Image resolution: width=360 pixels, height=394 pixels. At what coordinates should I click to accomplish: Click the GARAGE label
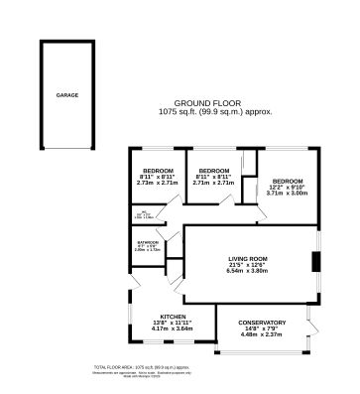[66, 96]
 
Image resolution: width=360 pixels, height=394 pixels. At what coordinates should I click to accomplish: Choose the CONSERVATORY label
[263, 323]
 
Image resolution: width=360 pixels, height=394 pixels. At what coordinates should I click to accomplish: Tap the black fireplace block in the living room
[315, 262]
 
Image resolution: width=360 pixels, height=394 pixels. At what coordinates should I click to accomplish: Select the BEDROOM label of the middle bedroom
[213, 171]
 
